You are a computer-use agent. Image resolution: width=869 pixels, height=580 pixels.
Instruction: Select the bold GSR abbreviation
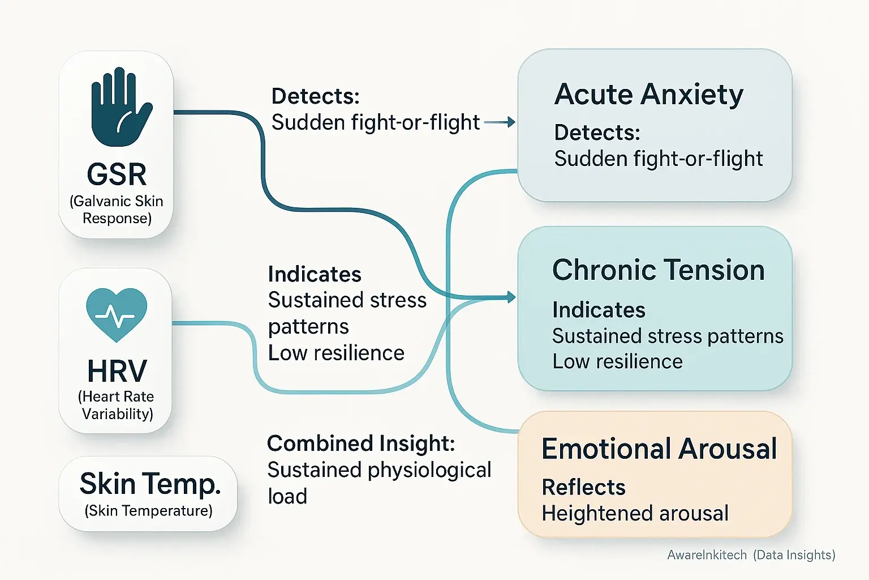[117, 174]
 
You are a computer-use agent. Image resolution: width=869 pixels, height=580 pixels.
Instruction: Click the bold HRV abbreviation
[117, 372]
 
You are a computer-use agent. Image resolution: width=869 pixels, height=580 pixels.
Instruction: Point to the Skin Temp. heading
[149, 484]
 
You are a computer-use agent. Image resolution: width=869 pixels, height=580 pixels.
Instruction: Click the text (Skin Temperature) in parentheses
[148, 511]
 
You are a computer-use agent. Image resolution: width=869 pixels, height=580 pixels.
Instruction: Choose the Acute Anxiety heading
[648, 94]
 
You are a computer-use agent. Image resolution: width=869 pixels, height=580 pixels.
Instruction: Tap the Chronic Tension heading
[658, 270]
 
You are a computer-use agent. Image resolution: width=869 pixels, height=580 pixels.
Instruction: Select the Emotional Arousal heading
[659, 449]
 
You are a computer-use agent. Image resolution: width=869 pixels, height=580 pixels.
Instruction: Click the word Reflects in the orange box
[583, 487]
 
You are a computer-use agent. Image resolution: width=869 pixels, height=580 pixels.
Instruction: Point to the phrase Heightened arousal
[635, 513]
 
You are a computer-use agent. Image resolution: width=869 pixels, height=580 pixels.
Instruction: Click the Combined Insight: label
[360, 443]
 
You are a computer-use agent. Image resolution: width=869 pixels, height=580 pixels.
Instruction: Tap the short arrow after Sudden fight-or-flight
[500, 122]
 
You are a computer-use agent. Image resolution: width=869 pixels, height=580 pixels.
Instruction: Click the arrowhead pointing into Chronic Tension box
[511, 297]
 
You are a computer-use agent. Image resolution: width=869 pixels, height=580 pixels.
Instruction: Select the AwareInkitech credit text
[707, 555]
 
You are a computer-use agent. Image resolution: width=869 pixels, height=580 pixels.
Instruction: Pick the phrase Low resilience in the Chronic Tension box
[617, 361]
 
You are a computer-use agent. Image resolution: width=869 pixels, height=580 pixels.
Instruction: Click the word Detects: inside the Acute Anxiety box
[597, 133]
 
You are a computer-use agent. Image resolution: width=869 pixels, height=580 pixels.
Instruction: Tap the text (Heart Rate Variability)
[117, 405]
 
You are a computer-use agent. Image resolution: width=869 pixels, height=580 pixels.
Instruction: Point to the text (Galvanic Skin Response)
[117, 210]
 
